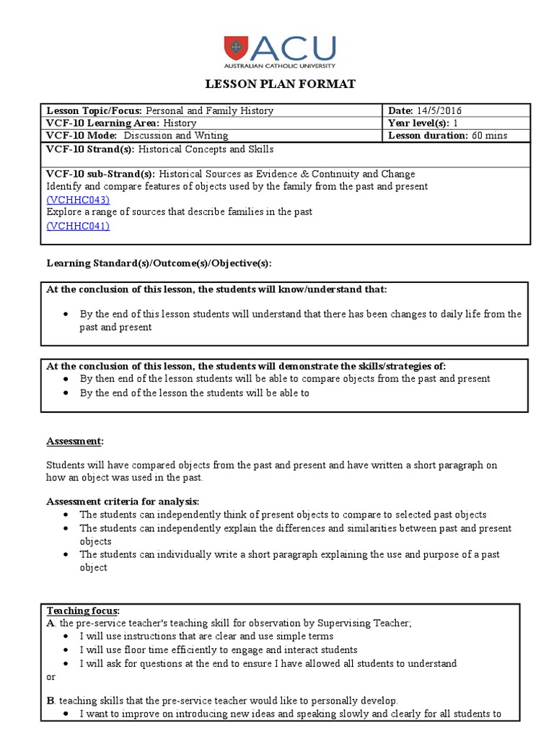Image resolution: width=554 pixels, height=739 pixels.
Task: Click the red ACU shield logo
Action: [x=236, y=47]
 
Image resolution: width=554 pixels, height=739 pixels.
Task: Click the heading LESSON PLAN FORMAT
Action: [x=281, y=84]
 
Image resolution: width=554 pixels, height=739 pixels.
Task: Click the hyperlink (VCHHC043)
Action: [x=78, y=199]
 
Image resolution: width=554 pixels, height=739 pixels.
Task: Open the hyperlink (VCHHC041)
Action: [x=78, y=225]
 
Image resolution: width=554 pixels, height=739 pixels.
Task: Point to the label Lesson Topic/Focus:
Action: [x=95, y=110]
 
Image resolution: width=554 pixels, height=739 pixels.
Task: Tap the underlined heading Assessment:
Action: [x=75, y=440]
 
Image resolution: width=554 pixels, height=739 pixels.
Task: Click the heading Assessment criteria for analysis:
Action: [x=123, y=501]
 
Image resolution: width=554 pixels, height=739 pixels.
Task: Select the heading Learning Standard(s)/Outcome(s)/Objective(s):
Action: [x=159, y=264]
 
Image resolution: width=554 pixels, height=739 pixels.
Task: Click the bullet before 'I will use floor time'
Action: [x=66, y=650]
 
